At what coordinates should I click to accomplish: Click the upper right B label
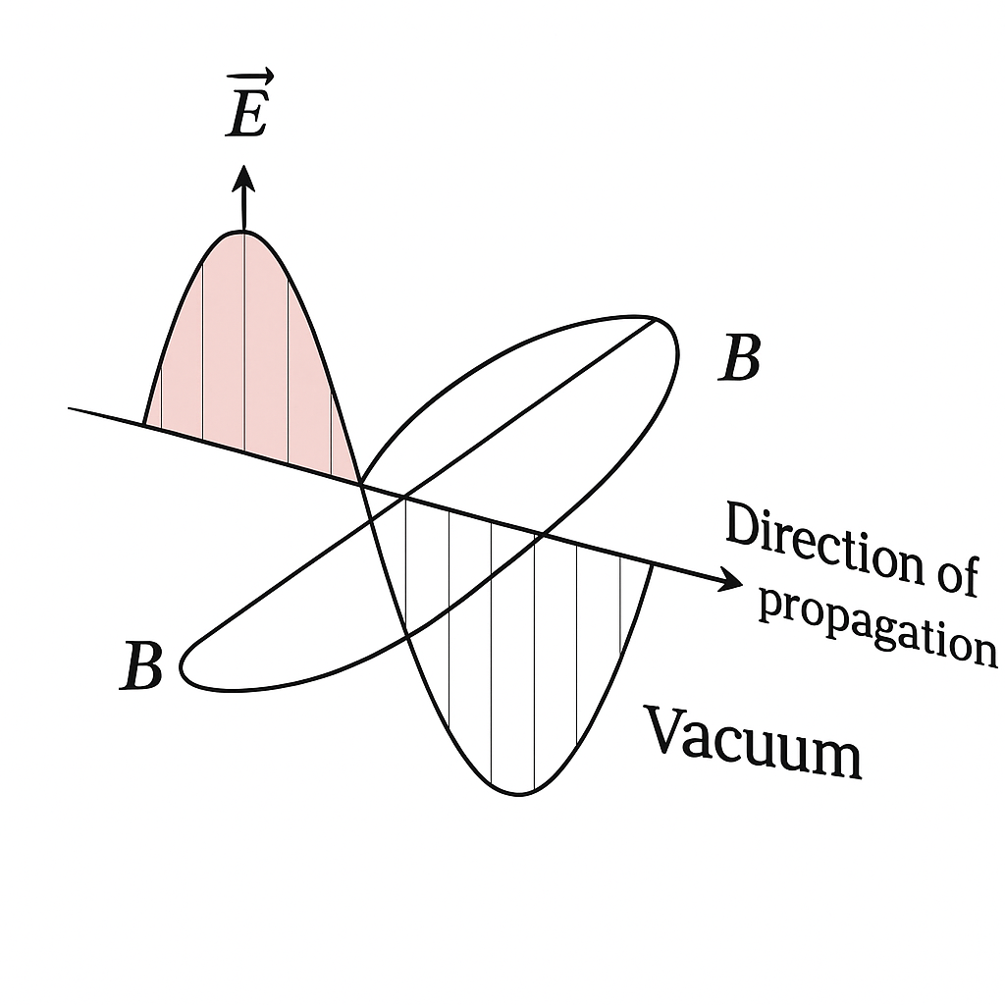[x=739, y=357]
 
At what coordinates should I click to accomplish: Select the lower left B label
[x=141, y=666]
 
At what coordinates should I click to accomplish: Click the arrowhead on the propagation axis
[x=730, y=579]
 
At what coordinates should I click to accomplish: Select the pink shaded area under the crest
[x=246, y=359]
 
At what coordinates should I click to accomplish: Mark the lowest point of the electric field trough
[x=518, y=795]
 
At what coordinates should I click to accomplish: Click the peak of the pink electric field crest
[x=243, y=231]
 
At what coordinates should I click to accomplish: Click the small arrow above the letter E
[x=250, y=77]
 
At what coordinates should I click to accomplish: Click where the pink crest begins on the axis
[x=144, y=424]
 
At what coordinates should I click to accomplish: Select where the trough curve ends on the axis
[x=653, y=564]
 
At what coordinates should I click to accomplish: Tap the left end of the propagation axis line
[x=69, y=407]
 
